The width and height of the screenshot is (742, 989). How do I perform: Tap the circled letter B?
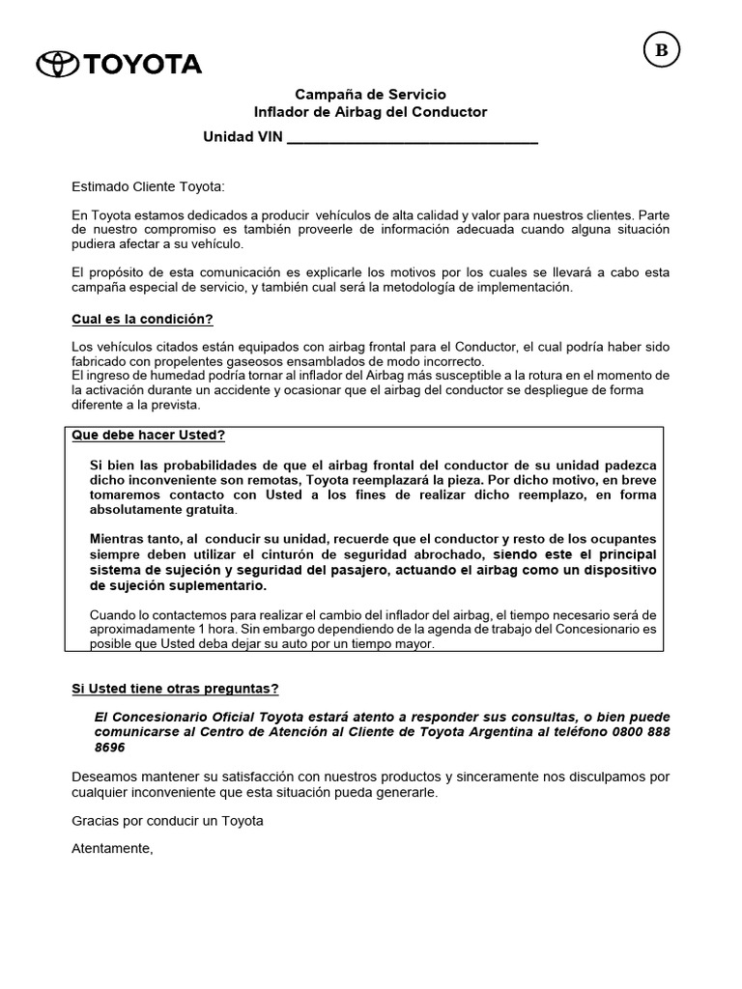(662, 51)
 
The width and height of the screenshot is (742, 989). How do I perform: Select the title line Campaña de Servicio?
(370, 95)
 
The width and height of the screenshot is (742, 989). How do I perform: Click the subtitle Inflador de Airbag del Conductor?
(370, 112)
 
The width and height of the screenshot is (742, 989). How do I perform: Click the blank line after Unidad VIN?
(413, 138)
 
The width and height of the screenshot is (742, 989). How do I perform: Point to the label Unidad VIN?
(243, 137)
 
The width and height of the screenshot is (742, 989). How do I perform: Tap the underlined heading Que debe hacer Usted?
(148, 435)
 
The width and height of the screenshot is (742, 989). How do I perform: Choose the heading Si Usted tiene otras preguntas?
(175, 688)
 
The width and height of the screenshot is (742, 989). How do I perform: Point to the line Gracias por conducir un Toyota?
(167, 821)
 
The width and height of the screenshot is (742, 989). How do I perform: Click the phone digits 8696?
(109, 748)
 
